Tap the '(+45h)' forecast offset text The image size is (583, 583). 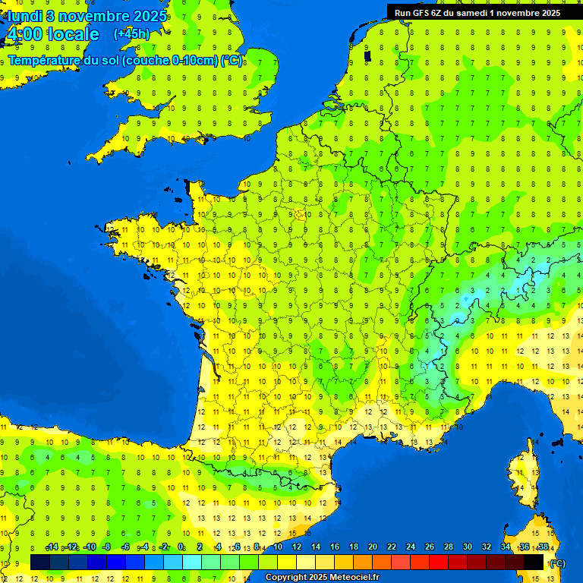point(131,33)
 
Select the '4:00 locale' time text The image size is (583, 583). point(52,34)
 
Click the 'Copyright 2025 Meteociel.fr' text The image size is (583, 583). point(322,578)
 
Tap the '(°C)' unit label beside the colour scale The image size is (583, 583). point(557,563)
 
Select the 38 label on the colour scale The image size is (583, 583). point(543,547)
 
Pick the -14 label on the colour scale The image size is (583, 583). point(52,547)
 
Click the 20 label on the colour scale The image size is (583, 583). point(372,547)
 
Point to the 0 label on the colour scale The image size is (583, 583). point(181,547)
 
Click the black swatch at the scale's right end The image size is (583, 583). point(534,563)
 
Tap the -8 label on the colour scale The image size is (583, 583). point(107,547)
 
